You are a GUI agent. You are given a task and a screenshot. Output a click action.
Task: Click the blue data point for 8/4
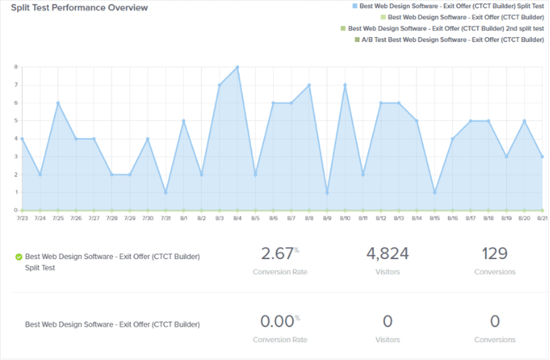click(x=238, y=67)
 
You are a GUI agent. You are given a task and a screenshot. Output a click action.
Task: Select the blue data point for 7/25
click(x=58, y=103)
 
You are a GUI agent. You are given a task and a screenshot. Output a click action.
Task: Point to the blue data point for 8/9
click(x=327, y=193)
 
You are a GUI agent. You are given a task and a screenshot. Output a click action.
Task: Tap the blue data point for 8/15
click(x=435, y=193)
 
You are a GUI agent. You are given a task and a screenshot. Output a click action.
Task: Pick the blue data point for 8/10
click(x=345, y=85)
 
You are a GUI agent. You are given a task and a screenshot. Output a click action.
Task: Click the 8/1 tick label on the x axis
click(x=184, y=217)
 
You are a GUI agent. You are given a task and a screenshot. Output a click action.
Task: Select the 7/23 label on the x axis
click(x=22, y=217)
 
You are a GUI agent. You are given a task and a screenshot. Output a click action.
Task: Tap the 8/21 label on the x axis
click(x=542, y=217)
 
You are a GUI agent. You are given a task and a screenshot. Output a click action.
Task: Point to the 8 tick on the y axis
click(x=16, y=67)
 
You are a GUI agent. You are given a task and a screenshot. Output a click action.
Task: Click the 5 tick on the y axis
click(x=16, y=121)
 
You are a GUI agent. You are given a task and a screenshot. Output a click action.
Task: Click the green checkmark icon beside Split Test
click(x=19, y=257)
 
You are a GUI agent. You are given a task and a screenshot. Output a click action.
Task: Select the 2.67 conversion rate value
click(x=278, y=254)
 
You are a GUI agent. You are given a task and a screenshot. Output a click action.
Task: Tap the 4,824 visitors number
click(x=387, y=254)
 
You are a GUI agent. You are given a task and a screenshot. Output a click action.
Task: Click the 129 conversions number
click(x=494, y=254)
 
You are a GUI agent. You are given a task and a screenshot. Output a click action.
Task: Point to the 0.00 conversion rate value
click(x=278, y=322)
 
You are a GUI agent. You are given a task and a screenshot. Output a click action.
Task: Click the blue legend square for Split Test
click(x=354, y=6)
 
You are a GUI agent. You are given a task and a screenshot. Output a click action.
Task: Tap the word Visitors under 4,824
click(x=387, y=272)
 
